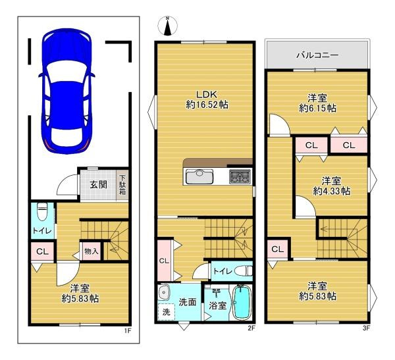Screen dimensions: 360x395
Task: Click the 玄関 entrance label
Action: (99, 184)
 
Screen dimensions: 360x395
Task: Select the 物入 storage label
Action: (92, 251)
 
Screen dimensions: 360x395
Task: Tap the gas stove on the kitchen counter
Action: (239, 176)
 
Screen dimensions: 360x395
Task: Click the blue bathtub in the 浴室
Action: (243, 303)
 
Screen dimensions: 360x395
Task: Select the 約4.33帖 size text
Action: (331, 190)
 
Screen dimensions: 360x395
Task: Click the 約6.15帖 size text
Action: (318, 107)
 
